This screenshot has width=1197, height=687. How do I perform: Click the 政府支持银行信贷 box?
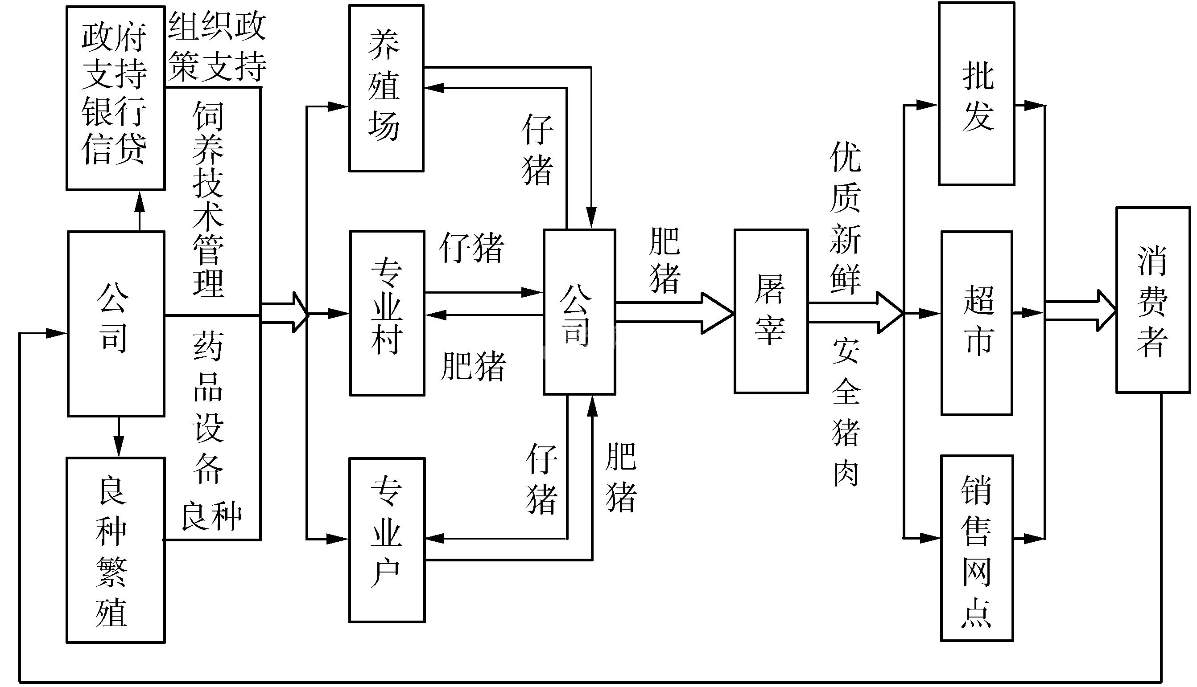click(x=115, y=98)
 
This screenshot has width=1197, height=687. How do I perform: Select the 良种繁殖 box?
click(x=115, y=550)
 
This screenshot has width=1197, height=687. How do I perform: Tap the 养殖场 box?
click(x=386, y=88)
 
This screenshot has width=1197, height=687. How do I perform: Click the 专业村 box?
click(x=387, y=313)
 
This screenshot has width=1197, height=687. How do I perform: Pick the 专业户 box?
click(x=387, y=540)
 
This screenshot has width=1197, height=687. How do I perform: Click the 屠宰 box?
click(x=771, y=311)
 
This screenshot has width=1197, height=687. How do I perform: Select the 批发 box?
click(x=976, y=94)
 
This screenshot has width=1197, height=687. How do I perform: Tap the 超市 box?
click(x=977, y=323)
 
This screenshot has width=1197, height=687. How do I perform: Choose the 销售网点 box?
click(x=977, y=548)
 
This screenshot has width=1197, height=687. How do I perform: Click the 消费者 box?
click(x=1152, y=300)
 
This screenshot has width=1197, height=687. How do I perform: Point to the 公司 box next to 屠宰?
click(x=579, y=312)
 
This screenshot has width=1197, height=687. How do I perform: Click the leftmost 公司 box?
click(x=116, y=324)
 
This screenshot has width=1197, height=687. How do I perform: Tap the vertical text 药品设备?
click(x=208, y=408)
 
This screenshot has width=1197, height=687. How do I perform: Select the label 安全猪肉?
click(x=845, y=412)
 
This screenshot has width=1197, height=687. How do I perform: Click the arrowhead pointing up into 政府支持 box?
click(x=139, y=202)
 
